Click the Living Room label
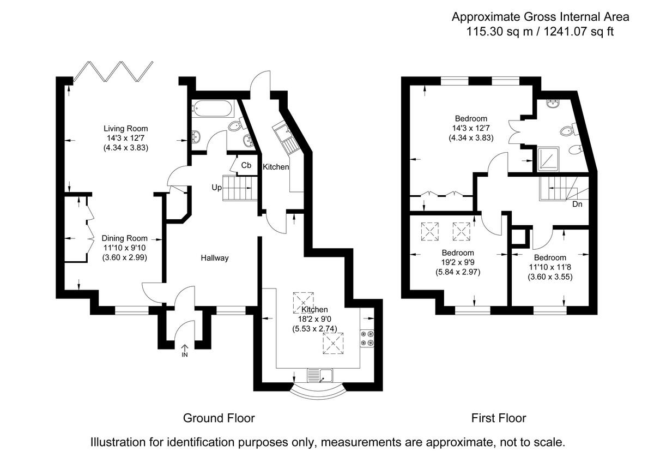tap(126, 129)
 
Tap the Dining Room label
tap(124, 238)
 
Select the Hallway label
tap(215, 258)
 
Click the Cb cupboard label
tap(246, 165)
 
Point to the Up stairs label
tap(217, 188)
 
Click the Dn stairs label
tap(577, 204)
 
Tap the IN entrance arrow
tap(185, 351)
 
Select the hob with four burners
tap(367, 338)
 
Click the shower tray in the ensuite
tap(549, 159)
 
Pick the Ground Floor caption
tap(219, 418)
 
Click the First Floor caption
tap(499, 418)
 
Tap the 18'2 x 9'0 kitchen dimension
tap(315, 319)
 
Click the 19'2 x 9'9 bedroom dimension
tap(458, 262)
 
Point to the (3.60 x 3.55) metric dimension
tap(550, 276)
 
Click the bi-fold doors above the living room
tap(113, 71)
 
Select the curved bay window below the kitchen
tap(319, 394)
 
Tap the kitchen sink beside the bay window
tap(320, 376)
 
